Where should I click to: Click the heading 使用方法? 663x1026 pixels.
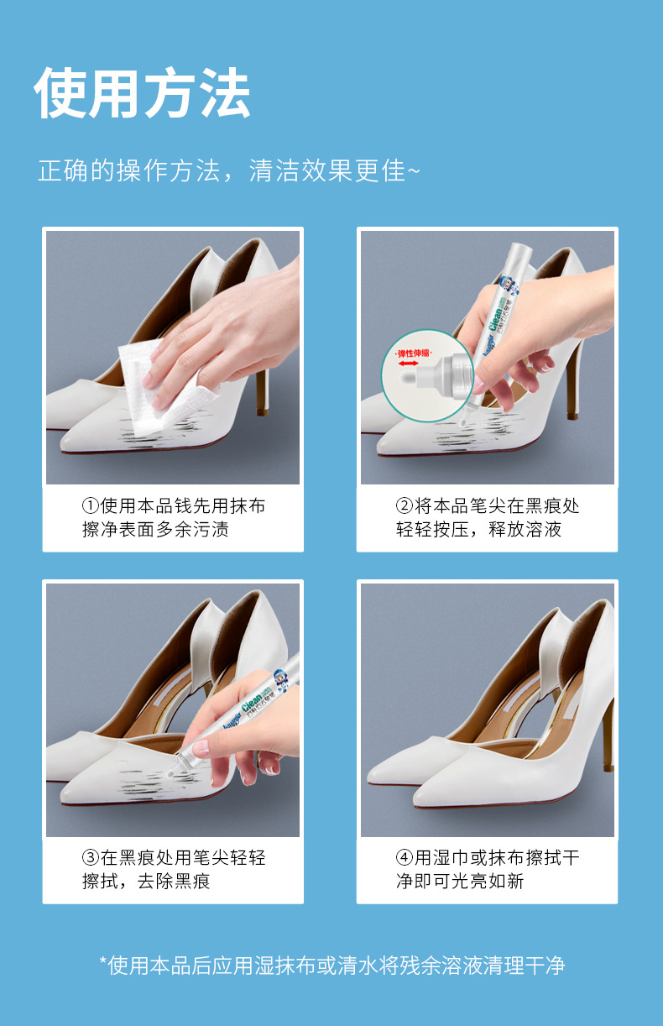142,93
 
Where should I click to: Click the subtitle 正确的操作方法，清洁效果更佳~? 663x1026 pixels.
228,170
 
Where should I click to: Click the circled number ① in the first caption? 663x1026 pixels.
91,506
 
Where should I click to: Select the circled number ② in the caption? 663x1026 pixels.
405,506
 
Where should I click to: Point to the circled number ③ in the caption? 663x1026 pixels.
91,858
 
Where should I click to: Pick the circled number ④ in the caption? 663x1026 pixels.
405,858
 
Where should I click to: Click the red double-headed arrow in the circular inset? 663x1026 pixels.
408,364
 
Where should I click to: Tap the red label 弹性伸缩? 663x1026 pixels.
414,353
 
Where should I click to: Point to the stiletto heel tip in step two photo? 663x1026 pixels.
572,415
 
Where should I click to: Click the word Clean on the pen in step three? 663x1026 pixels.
252,702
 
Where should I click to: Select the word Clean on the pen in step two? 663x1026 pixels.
495,317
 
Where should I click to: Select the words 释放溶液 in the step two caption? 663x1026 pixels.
525,530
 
